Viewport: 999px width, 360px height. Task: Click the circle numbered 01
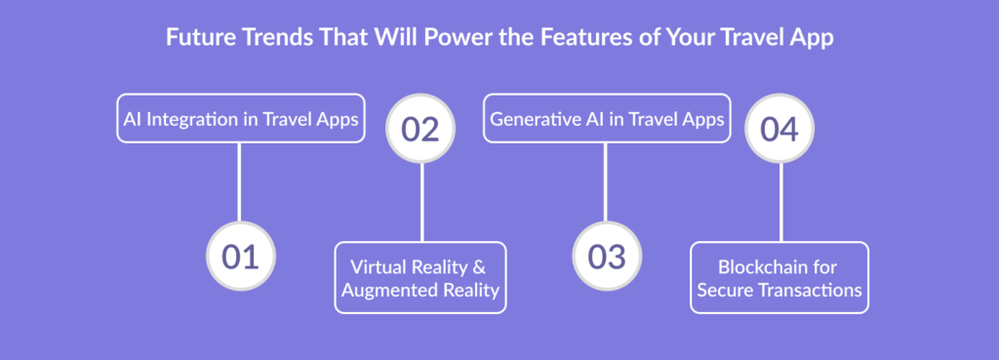click(241, 257)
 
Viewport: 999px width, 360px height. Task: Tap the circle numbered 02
click(420, 129)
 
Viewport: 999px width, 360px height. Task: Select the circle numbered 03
click(607, 257)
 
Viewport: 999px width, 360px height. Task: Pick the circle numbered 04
click(779, 129)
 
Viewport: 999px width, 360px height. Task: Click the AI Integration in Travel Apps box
click(241, 118)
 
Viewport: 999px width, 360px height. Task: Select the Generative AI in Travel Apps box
click(607, 118)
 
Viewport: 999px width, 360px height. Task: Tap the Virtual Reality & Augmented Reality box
click(420, 277)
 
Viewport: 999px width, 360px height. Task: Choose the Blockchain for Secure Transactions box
click(779, 277)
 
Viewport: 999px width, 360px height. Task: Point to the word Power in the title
click(451, 38)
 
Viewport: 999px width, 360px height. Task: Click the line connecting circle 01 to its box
click(239, 182)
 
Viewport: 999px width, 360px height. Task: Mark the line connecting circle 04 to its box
click(780, 203)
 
